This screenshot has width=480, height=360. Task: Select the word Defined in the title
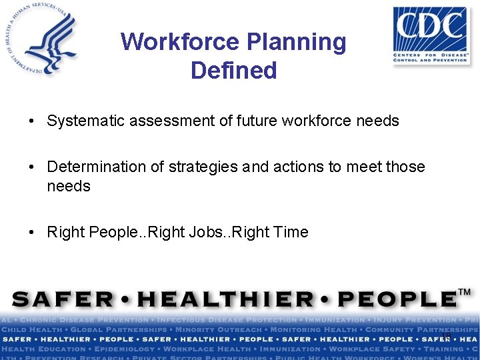234,70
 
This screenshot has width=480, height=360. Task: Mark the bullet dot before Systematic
31,121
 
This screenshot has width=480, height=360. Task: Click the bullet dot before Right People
31,233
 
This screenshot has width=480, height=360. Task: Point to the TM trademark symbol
465,293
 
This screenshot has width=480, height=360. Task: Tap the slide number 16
446,336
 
